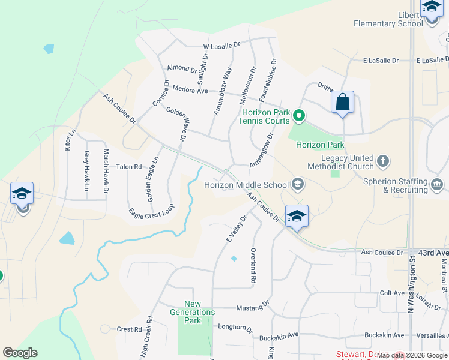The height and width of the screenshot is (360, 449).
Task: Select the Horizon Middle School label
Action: coord(246,184)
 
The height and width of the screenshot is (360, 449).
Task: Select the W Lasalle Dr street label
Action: coord(221,45)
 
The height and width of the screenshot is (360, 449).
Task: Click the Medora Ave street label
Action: coord(190,91)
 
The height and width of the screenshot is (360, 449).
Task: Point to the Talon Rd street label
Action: coord(128,167)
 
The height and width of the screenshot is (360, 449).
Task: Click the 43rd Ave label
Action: coord(433,252)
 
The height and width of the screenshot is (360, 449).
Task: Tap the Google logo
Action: coord(20,353)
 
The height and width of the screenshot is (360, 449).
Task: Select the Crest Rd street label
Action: coord(128,329)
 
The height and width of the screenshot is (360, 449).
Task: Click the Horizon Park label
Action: coord(319,145)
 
